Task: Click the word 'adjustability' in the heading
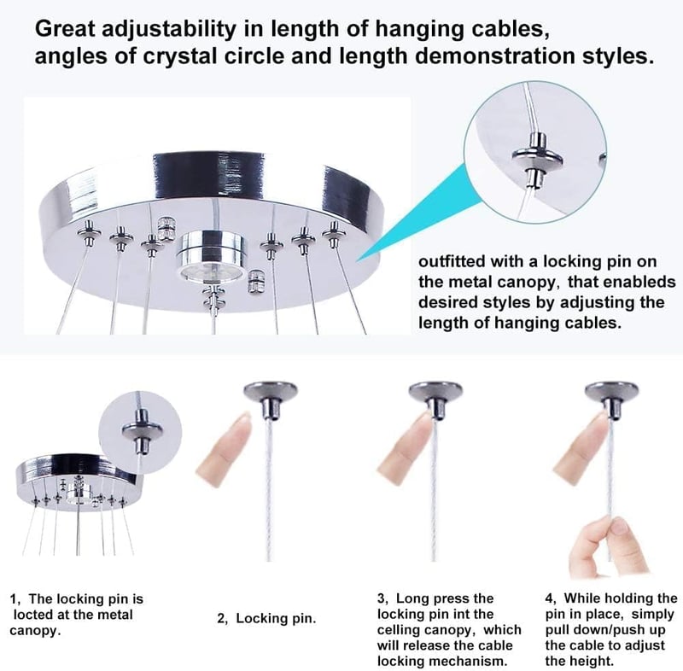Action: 168,29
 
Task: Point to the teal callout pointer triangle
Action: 417,212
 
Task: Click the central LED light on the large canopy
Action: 211,257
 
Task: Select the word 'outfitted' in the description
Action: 452,261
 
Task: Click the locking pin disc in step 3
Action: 435,390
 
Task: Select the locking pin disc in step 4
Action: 611,390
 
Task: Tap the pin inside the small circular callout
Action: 142,434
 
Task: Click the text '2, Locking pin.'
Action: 266,618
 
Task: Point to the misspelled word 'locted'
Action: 36,615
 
